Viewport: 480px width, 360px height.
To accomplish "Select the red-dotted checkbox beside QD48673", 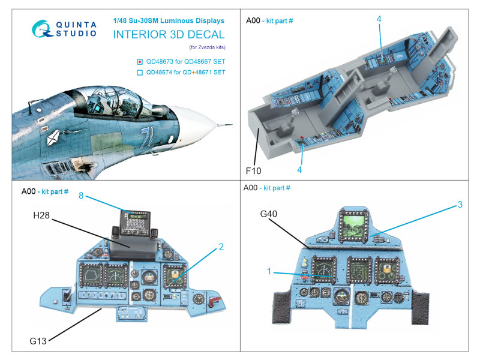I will (140, 61).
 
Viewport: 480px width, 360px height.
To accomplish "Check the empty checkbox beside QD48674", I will (140, 73).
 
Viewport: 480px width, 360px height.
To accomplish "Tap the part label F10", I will (253, 170).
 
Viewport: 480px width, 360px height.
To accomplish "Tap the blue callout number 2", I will (221, 246).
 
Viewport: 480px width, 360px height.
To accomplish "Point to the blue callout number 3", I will (460, 204).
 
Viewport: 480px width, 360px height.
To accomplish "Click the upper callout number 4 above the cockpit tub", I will (379, 20).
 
